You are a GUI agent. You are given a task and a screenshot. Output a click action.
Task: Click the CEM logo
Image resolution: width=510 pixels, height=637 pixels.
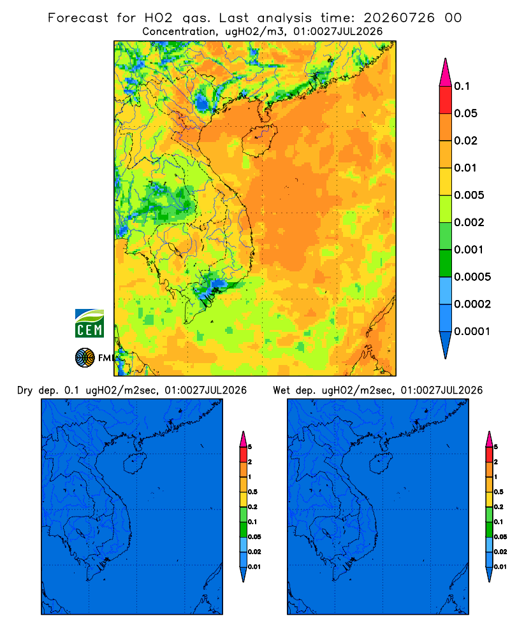pos(89,324)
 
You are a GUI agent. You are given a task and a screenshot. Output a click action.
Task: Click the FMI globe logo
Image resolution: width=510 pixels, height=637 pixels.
pos(85,358)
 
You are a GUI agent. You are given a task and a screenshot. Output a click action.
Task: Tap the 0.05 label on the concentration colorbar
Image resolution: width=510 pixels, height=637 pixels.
pos(465,113)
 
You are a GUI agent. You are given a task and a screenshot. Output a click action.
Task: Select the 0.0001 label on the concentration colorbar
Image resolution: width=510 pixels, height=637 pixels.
pos(472,331)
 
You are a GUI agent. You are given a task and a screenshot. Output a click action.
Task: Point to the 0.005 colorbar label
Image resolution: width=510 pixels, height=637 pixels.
pos(469,195)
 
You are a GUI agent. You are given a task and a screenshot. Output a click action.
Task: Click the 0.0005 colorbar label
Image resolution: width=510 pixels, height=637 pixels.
pos(472,277)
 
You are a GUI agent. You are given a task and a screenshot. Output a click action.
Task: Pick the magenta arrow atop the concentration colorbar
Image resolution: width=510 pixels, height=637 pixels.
pos(446,73)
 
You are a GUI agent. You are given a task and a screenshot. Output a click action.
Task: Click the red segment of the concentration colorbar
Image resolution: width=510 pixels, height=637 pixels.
pos(446,100)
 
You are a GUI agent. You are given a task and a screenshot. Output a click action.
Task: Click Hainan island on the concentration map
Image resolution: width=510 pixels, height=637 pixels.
pos(259,140)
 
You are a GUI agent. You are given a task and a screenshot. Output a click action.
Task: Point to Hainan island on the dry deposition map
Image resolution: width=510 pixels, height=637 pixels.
pos(135,464)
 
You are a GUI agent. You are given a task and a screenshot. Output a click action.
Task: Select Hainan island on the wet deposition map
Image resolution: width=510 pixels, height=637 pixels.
pos(381,464)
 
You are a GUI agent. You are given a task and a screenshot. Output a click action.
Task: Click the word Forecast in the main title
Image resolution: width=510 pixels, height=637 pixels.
pos(78,18)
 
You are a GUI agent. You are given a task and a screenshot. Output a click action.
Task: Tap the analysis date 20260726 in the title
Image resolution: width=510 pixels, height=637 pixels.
pos(399,18)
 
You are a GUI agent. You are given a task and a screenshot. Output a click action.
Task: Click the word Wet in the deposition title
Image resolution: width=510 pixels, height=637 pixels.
pos(281,390)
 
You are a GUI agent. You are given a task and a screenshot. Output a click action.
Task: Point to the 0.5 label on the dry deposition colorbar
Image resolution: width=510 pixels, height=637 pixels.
pos(252,492)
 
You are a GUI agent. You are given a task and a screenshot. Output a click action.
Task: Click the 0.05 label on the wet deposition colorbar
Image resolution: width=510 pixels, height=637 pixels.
pos(500,537)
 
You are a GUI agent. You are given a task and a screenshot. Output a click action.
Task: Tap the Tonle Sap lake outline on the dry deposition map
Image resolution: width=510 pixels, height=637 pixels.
pos(80,533)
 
